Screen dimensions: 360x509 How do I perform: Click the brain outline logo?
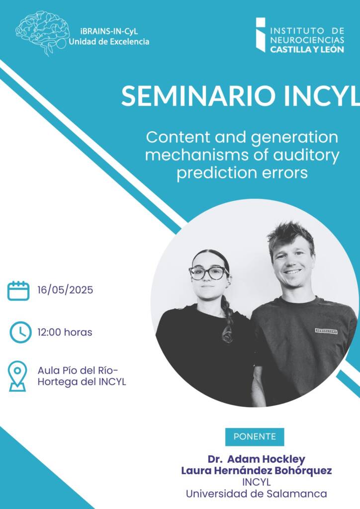[42, 32]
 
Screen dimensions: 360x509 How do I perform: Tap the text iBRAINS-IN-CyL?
[109, 31]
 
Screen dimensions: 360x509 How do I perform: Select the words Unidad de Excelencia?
[109, 42]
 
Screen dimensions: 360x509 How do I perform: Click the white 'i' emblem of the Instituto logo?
[261, 35]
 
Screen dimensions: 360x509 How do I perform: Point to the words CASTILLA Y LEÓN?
[307, 49]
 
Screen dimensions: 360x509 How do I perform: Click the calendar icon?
[18, 291]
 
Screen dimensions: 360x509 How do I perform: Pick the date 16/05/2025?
[65, 290]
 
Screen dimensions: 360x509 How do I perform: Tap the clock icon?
[20, 332]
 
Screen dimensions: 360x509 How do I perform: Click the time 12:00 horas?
[65, 332]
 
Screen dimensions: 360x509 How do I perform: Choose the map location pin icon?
[17, 377]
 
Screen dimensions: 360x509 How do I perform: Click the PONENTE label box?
[255, 436]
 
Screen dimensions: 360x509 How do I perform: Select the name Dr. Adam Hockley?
[257, 459]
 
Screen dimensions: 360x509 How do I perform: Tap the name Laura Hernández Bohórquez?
[257, 470]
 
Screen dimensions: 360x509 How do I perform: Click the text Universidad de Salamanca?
[257, 494]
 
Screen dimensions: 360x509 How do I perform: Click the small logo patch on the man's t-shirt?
[326, 331]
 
